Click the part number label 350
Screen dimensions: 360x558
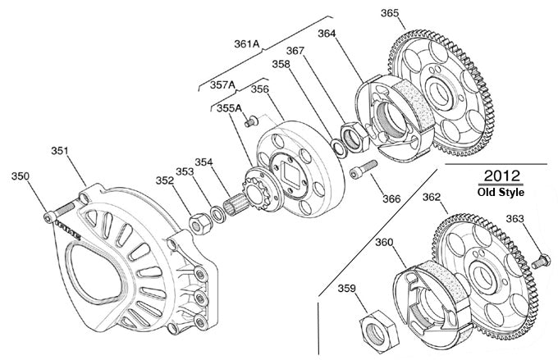coord(21,176)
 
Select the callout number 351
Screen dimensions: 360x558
coord(59,151)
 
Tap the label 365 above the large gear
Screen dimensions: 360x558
coord(390,13)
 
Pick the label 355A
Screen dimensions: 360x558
coord(230,107)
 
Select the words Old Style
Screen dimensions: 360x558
coord(501,193)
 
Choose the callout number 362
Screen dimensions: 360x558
coord(432,198)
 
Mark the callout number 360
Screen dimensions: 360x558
coord(385,242)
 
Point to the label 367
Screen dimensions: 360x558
coord(295,51)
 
